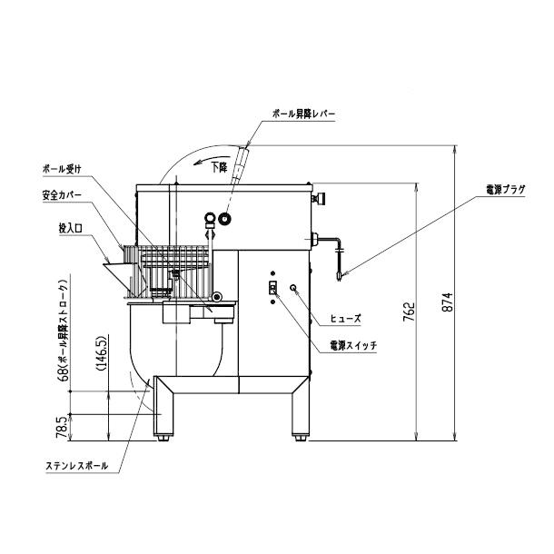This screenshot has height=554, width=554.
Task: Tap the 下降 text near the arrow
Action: tap(219, 167)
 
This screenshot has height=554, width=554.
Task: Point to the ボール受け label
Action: tap(62, 169)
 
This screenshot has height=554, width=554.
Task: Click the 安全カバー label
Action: tap(62, 194)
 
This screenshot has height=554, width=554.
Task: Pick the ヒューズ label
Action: tap(344, 320)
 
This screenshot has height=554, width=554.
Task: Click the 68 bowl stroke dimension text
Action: tap(61, 338)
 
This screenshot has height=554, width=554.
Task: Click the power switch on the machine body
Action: tap(270, 289)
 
